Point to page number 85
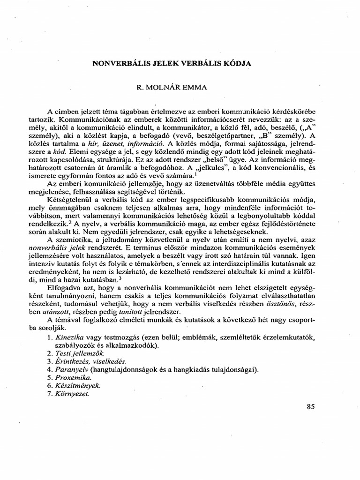coord(311,407)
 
